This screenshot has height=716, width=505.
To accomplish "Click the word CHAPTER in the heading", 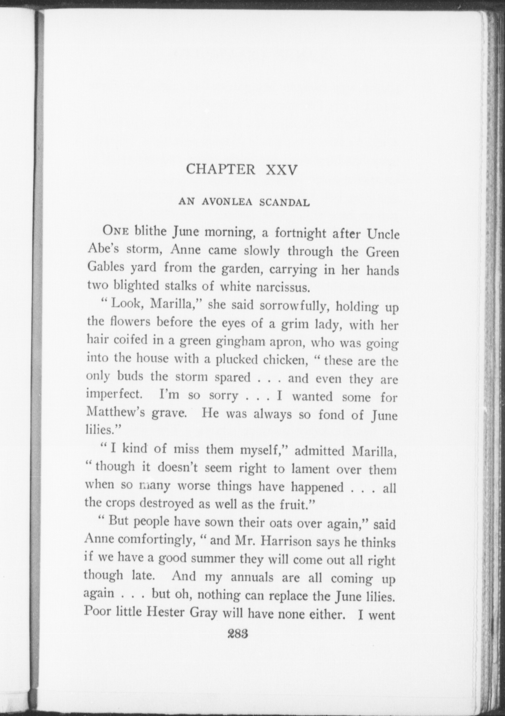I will click(220, 169).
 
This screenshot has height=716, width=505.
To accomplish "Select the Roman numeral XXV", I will click(281, 170).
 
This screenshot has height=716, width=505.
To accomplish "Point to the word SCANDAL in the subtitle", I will click(285, 203).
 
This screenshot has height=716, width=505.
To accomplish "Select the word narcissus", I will click(282, 288).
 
